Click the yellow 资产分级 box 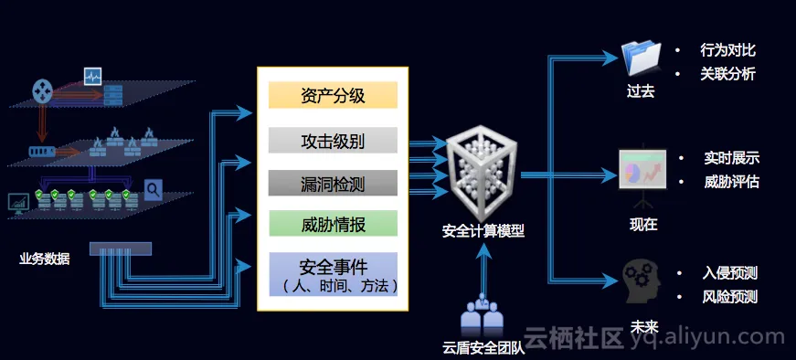(333, 95)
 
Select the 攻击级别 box (333, 140)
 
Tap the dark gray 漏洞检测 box (333, 184)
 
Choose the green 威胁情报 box (333, 224)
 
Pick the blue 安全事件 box (333, 274)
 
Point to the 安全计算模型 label (483, 231)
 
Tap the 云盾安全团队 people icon (482, 313)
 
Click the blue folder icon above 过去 (642, 58)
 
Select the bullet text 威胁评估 (731, 182)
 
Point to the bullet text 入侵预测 (730, 273)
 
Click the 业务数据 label (44, 259)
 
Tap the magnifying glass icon (153, 190)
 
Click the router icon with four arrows (43, 90)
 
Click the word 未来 (644, 326)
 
